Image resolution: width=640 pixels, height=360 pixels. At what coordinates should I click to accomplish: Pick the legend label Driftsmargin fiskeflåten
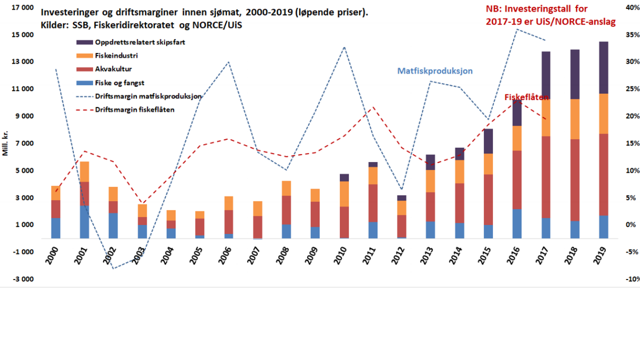click(134, 109)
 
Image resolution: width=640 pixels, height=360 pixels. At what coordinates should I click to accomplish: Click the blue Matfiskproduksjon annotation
click(435, 71)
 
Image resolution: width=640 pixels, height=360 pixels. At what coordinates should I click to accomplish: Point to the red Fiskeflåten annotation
click(526, 96)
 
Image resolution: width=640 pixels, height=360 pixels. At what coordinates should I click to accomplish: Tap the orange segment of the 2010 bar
click(344, 194)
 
